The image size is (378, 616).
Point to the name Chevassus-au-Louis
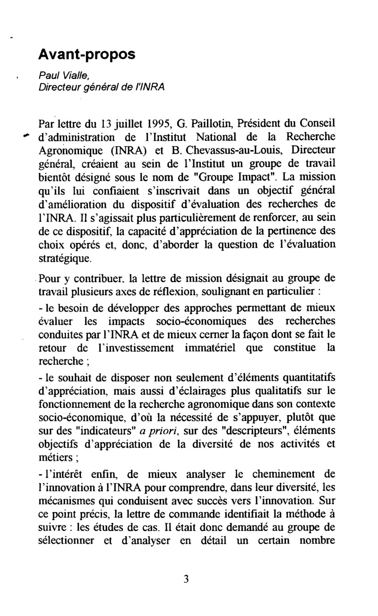click(x=236, y=150)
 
